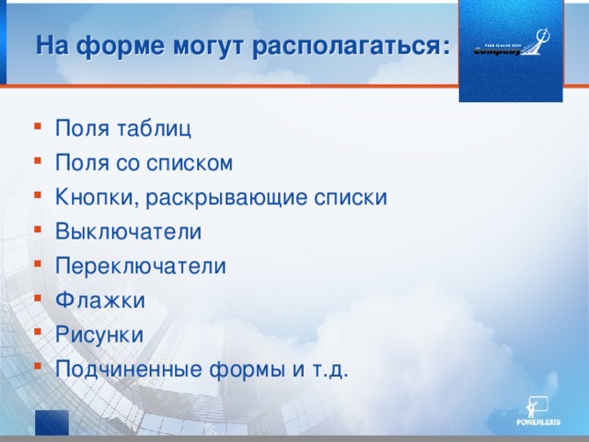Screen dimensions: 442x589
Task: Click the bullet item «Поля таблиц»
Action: click(x=123, y=128)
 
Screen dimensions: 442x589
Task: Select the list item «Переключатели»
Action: click(x=140, y=265)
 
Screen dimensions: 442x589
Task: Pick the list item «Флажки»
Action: click(x=99, y=300)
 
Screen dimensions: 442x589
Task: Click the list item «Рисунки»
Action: click(x=99, y=334)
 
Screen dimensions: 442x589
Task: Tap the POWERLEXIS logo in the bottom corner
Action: click(x=538, y=412)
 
